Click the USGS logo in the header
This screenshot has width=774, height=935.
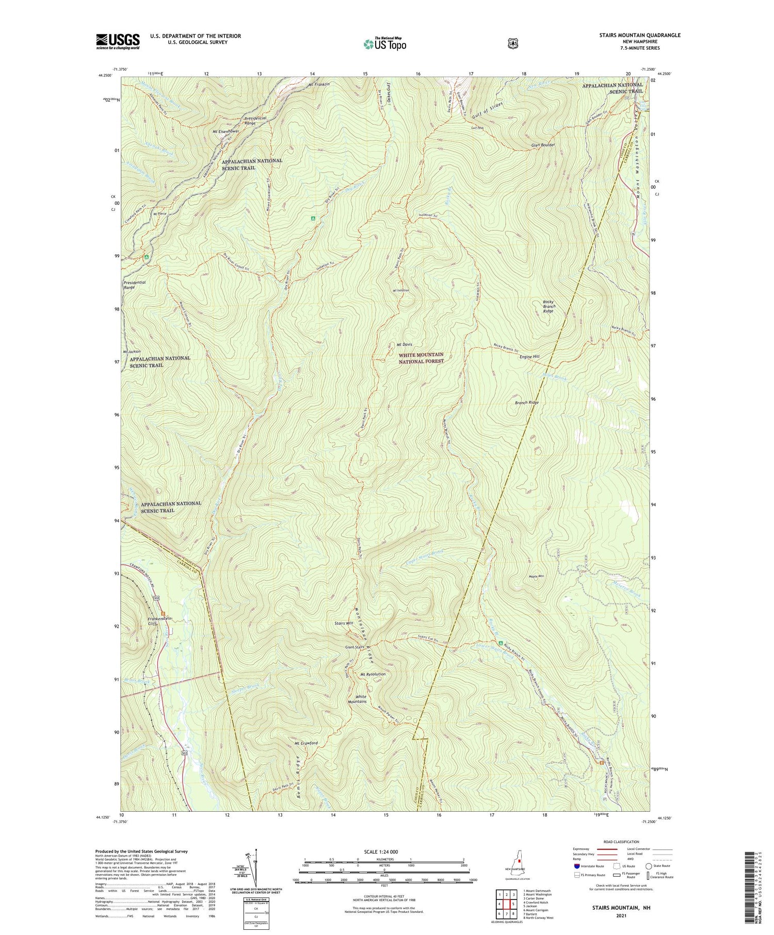[x=118, y=41]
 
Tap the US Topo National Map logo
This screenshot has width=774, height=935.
[x=384, y=44]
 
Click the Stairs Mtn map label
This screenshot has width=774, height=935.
[x=344, y=624]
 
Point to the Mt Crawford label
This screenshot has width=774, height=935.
[x=306, y=743]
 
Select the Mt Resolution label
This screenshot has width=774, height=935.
[x=373, y=674]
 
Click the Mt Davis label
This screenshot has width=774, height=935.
[x=404, y=345]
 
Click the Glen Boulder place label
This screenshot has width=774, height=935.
[x=543, y=145]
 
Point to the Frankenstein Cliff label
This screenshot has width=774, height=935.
[x=159, y=621]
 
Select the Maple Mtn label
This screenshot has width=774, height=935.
[x=536, y=577]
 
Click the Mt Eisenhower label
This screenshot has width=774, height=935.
[x=226, y=132]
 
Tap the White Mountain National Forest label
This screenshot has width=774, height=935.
[x=421, y=358]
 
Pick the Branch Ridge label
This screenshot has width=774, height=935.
[x=526, y=402]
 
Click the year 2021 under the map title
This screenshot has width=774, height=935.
[x=622, y=915]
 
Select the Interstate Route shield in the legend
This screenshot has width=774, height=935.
[x=576, y=866]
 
